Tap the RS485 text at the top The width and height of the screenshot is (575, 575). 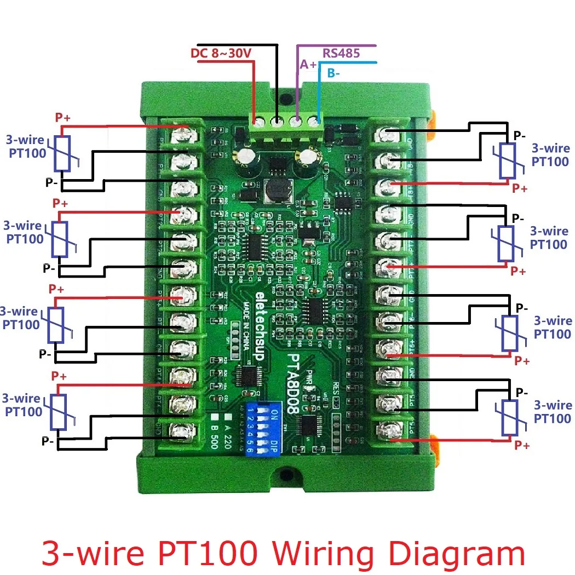[341, 53]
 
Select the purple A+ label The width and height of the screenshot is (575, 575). [308, 65]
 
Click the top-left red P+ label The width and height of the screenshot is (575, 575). [62, 117]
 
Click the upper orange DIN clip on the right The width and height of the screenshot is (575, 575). [432, 122]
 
